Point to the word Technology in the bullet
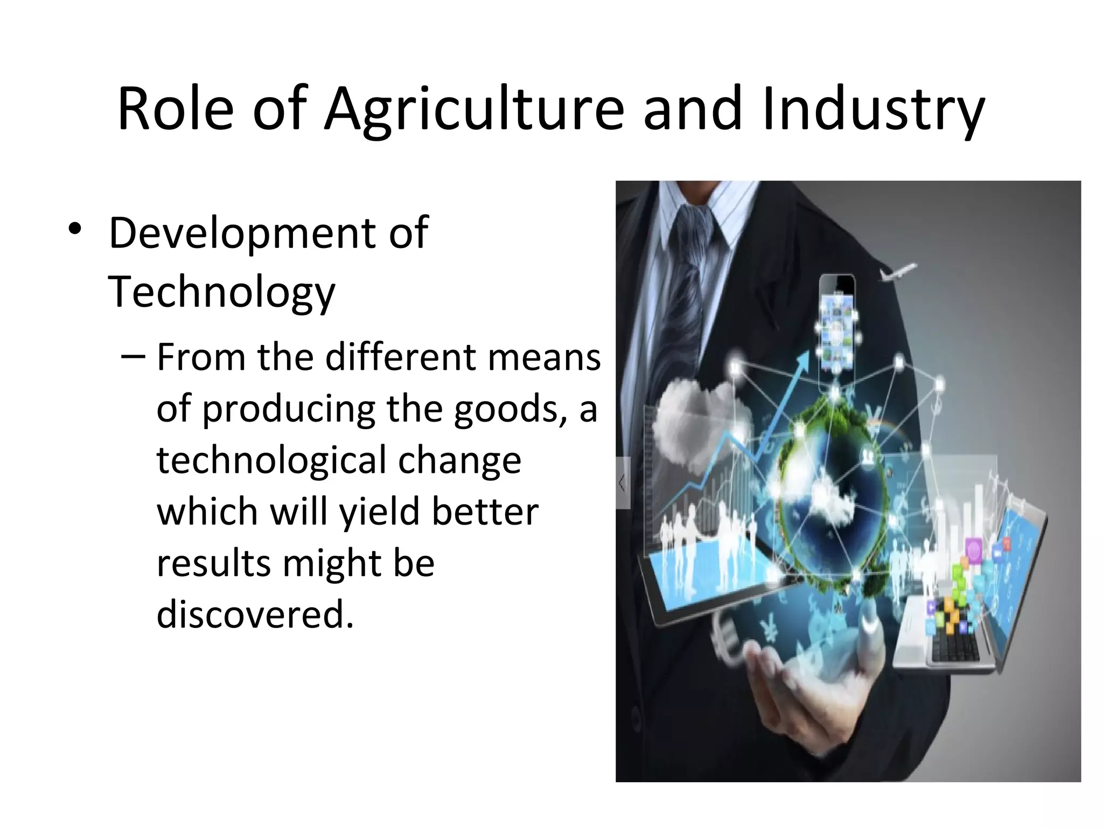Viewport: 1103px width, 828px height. click(221, 292)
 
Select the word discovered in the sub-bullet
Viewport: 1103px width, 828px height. click(255, 614)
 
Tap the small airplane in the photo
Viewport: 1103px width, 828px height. click(898, 271)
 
